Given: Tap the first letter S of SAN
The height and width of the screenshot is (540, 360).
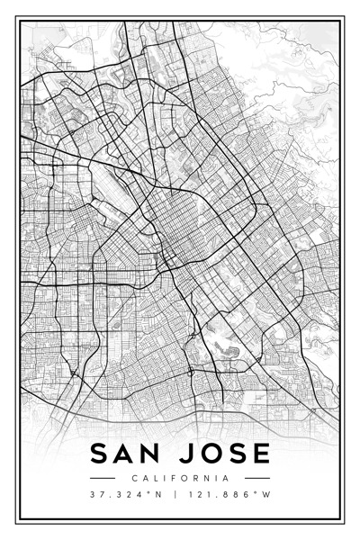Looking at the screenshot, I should click(x=98, y=454).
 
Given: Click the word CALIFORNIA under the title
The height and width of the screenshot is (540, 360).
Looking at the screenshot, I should click(x=180, y=478).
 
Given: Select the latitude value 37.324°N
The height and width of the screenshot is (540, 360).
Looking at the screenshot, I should click(x=127, y=495).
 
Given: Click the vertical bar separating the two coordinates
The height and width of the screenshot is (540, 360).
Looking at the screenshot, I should click(x=175, y=495).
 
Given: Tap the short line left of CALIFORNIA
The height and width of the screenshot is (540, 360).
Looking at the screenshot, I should click(x=103, y=478).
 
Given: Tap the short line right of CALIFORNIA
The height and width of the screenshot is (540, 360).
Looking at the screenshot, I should click(x=257, y=478).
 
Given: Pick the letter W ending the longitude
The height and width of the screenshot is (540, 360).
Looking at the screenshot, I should click(x=267, y=495).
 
